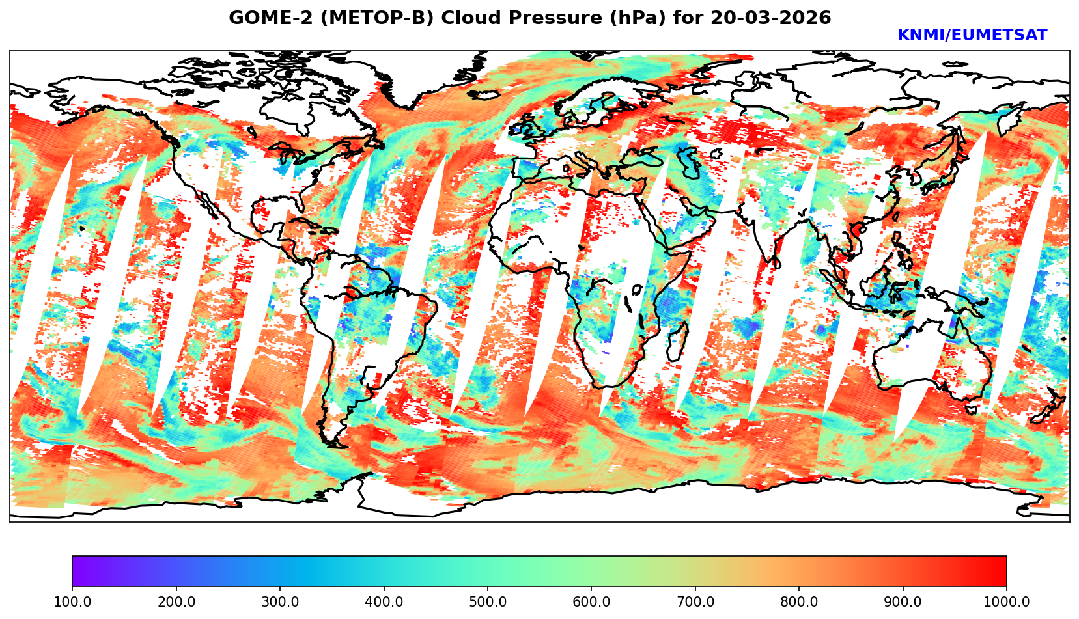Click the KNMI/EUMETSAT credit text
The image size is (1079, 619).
pyautogui.click(x=972, y=36)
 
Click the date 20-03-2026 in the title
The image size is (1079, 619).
pyautogui.click(x=770, y=18)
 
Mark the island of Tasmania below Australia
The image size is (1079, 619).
pyautogui.click(x=972, y=409)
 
